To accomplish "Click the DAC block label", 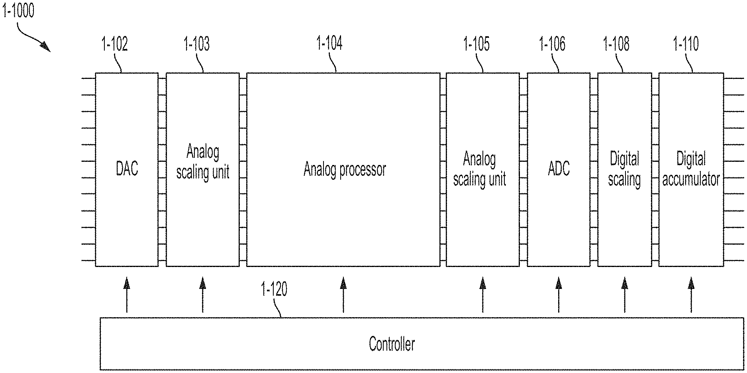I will pos(127,169).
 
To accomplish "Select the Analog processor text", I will pos(345,170).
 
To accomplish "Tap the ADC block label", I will pos(559,169).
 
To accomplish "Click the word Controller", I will pos(392,344).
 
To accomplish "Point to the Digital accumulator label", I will pos(691,169).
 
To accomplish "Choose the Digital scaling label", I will pos(624,169).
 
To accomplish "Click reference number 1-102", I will pos(115,44).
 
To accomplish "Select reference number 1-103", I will pos(196,44).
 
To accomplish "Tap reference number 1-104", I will pos(329,43).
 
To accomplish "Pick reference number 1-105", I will pos(476,44).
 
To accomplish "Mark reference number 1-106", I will pos(552,44).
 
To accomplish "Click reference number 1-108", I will pos(616,44).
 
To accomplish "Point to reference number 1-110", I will pos(686,44).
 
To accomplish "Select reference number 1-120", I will pos(274,289).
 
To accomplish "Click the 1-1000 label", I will pos(18,11).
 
